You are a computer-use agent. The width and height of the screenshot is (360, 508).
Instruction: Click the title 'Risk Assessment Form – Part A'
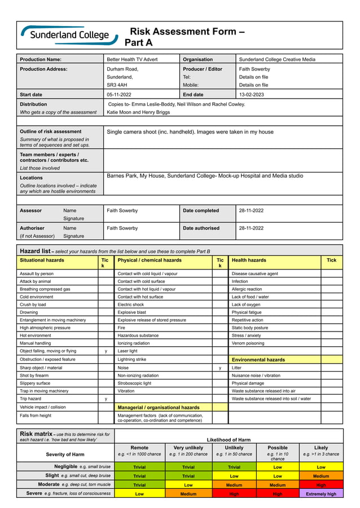pyautogui.click(x=185, y=37)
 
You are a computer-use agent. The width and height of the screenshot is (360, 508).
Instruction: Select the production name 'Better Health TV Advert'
pyautogui.click(x=132, y=59)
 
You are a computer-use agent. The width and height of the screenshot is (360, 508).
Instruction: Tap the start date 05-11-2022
pyautogui.click(x=119, y=95)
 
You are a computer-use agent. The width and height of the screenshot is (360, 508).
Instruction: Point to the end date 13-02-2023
pyautogui.click(x=252, y=95)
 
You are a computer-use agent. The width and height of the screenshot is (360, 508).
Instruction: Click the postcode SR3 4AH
pyautogui.click(x=117, y=85)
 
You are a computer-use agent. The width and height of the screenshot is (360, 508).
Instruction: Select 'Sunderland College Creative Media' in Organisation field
pyautogui.click(x=277, y=59)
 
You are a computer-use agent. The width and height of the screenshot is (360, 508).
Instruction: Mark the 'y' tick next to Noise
pyautogui.click(x=220, y=368)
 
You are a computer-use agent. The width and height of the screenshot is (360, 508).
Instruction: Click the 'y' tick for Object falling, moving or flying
pyautogui.click(x=106, y=351)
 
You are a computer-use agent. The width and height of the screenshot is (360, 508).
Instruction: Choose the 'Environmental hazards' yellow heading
pyautogui.click(x=258, y=359)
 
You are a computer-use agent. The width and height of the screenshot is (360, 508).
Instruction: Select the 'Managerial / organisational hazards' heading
pyautogui.click(x=158, y=407)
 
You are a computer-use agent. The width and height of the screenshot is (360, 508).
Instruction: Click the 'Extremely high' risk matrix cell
pyautogui.click(x=321, y=494)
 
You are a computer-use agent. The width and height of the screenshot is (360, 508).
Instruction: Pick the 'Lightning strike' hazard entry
pyautogui.click(x=131, y=359)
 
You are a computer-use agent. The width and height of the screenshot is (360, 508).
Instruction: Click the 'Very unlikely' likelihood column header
pyautogui.click(x=188, y=448)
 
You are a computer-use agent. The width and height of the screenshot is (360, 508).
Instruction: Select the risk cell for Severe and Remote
pyautogui.click(x=139, y=494)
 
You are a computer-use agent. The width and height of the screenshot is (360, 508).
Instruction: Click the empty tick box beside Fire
pyautogui.click(x=220, y=328)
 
